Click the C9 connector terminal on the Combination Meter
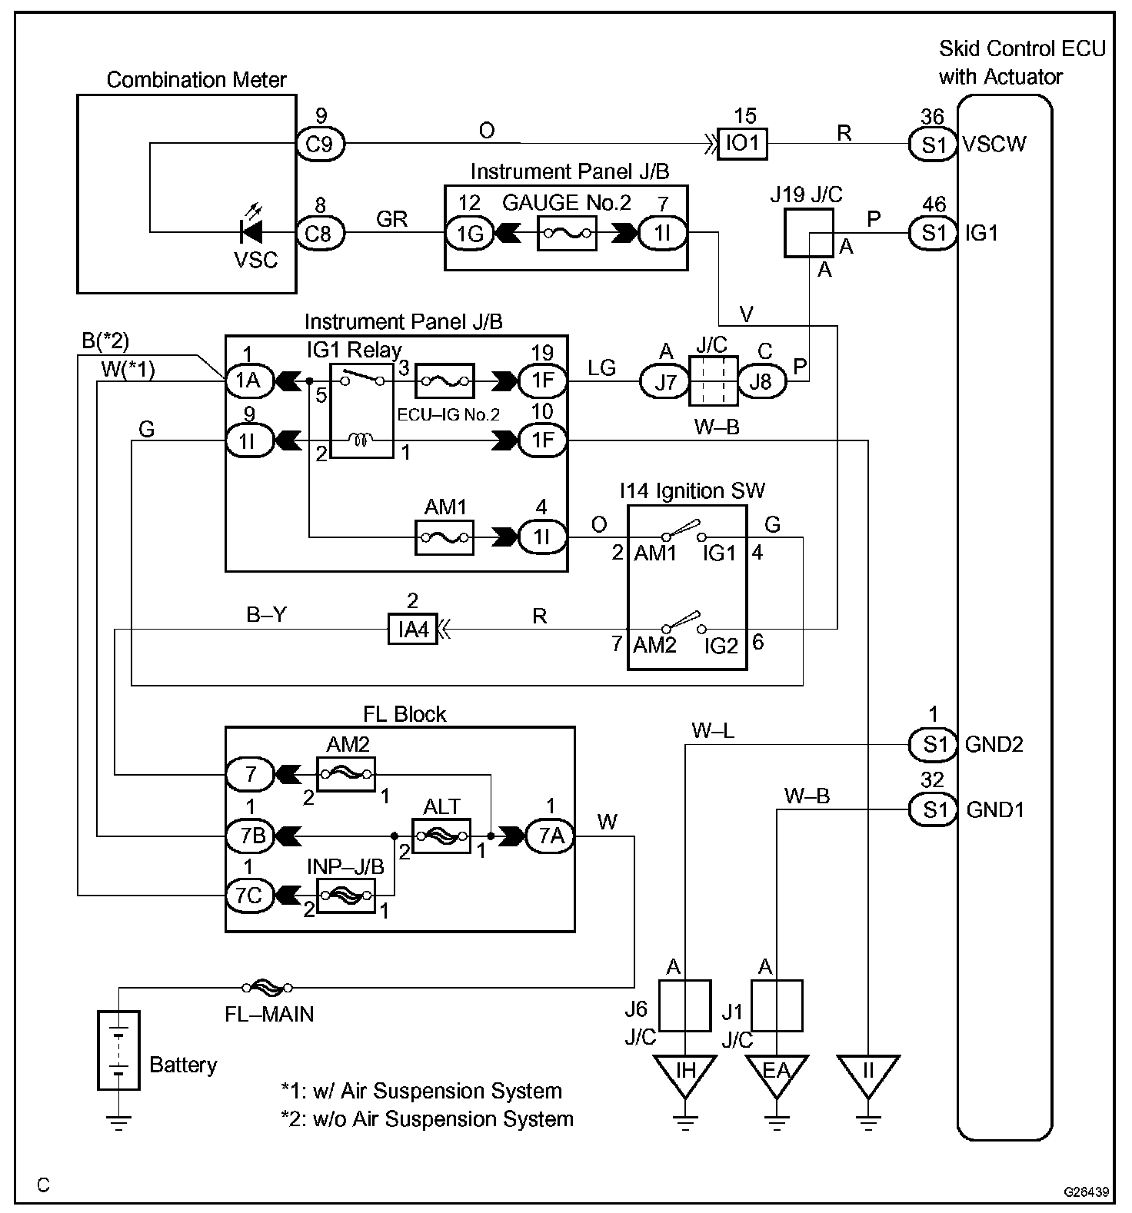click(320, 144)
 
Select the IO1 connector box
click(742, 144)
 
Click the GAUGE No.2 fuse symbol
click(568, 233)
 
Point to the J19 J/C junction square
click(807, 233)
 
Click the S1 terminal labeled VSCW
click(933, 144)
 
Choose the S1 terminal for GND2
click(933, 744)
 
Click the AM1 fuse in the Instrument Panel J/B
click(444, 537)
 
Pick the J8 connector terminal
click(761, 381)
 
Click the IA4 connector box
click(412, 630)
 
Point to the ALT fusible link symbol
click(441, 836)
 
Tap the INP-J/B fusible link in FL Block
click(346, 896)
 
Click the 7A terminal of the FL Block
click(550, 836)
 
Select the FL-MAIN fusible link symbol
click(267, 988)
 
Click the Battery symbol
click(119, 1050)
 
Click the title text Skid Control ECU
click(1021, 49)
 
